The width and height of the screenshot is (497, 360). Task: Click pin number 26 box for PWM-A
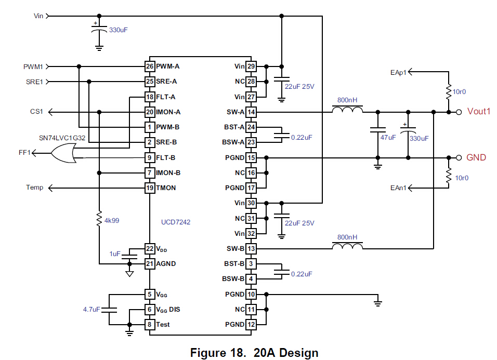click(x=150, y=66)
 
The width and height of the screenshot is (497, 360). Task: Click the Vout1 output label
click(x=479, y=112)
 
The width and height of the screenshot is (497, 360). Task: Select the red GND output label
click(x=476, y=157)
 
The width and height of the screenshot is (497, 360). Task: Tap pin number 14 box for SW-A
click(x=251, y=112)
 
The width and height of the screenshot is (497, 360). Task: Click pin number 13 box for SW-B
click(x=251, y=248)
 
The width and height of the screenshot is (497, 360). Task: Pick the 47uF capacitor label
click(x=388, y=138)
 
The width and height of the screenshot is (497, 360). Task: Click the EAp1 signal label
click(x=399, y=72)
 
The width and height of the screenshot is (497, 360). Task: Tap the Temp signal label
click(x=35, y=188)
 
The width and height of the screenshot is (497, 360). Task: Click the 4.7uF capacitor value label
click(x=91, y=310)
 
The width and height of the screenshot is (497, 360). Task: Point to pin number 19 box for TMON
click(x=150, y=188)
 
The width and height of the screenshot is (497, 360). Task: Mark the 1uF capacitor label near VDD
click(x=115, y=254)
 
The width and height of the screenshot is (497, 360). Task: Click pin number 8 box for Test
click(x=150, y=325)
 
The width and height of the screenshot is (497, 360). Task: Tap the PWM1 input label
click(x=33, y=66)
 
